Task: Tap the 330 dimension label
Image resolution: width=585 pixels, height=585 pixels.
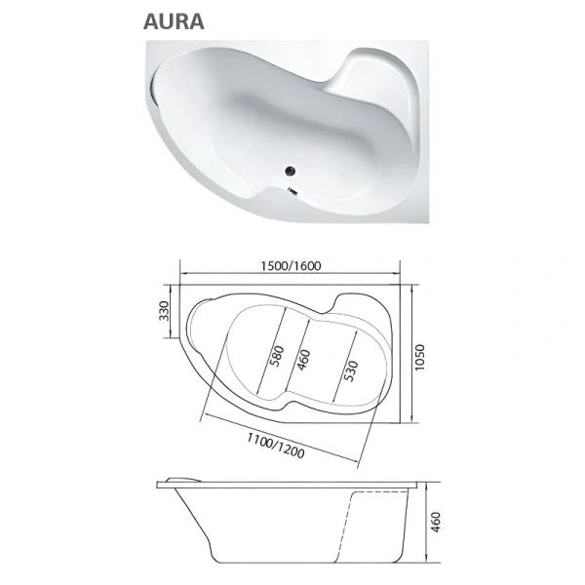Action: (166, 312)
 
